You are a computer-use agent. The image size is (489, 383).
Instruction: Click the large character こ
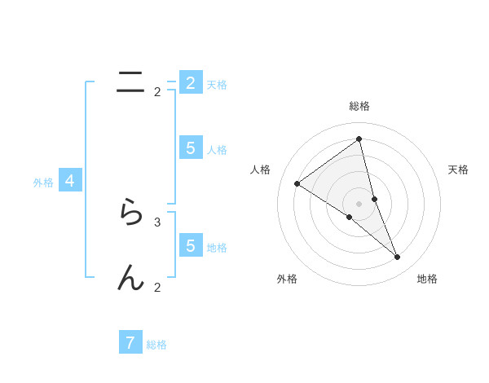coord(130,81)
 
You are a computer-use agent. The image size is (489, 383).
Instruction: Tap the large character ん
coord(130,279)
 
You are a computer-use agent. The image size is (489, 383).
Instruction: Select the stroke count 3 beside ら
coord(157,222)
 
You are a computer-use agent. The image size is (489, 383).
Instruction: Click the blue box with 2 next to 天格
coord(190,82)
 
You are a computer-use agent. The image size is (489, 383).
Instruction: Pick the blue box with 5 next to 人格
coord(190,147)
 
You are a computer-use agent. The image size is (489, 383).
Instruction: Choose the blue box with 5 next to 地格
coord(190,245)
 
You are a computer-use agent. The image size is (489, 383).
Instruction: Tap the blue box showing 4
coord(70,181)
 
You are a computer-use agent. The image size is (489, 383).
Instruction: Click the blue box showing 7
coord(130,342)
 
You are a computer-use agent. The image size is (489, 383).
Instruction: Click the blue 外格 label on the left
coord(43,183)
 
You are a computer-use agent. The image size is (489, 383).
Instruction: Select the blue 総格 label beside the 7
coord(156,345)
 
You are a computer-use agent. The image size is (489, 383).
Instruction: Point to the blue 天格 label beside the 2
coord(217,85)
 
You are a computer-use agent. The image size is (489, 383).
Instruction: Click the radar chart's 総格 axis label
coord(359,106)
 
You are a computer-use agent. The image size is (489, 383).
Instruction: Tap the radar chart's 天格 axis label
coord(459,169)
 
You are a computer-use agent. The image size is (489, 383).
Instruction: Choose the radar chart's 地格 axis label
coord(427,279)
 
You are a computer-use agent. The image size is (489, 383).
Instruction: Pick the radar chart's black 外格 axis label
coord(287,279)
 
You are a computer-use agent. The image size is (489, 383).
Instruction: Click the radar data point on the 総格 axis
coord(359,139)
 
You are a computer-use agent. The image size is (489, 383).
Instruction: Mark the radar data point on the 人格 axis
coord(297,183)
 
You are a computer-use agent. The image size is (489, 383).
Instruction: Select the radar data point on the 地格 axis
coord(398,257)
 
